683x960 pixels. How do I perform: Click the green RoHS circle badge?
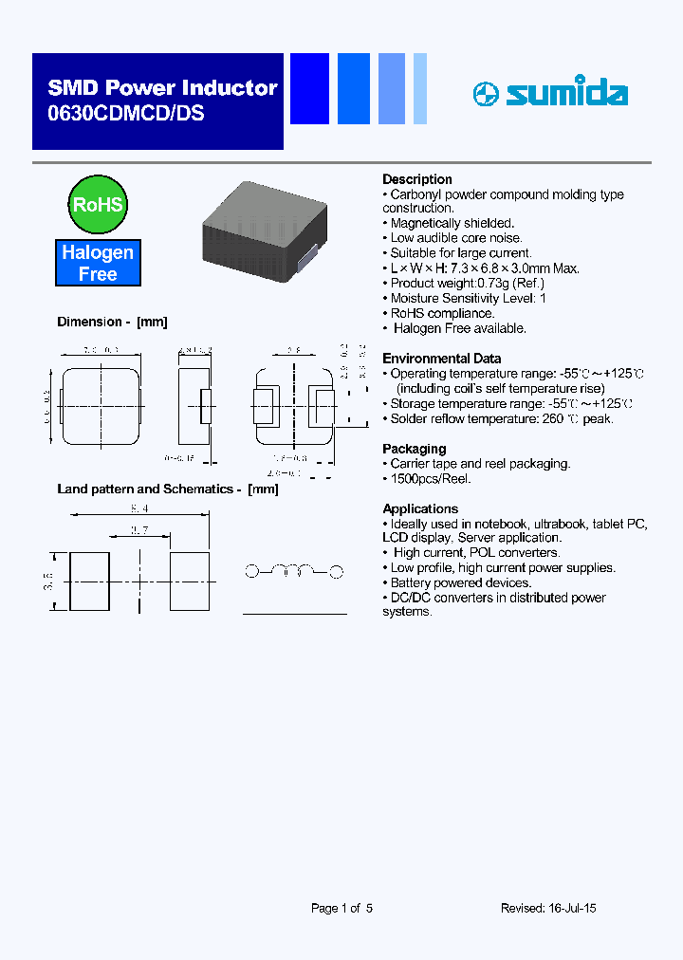98,205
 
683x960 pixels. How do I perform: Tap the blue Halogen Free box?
98,264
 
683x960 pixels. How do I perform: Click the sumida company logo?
550,93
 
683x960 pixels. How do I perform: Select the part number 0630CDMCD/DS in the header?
125,113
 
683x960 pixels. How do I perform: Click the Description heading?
416,179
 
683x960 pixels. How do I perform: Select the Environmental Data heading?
441,359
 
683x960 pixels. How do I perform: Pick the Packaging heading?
414,449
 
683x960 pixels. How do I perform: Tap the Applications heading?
419,508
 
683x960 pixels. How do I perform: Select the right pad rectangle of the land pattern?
190,582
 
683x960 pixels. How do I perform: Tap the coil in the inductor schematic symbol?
294,571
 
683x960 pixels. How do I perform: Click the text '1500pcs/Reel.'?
431,479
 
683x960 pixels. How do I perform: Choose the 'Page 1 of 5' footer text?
341,908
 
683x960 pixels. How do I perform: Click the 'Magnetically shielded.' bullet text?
452,224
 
